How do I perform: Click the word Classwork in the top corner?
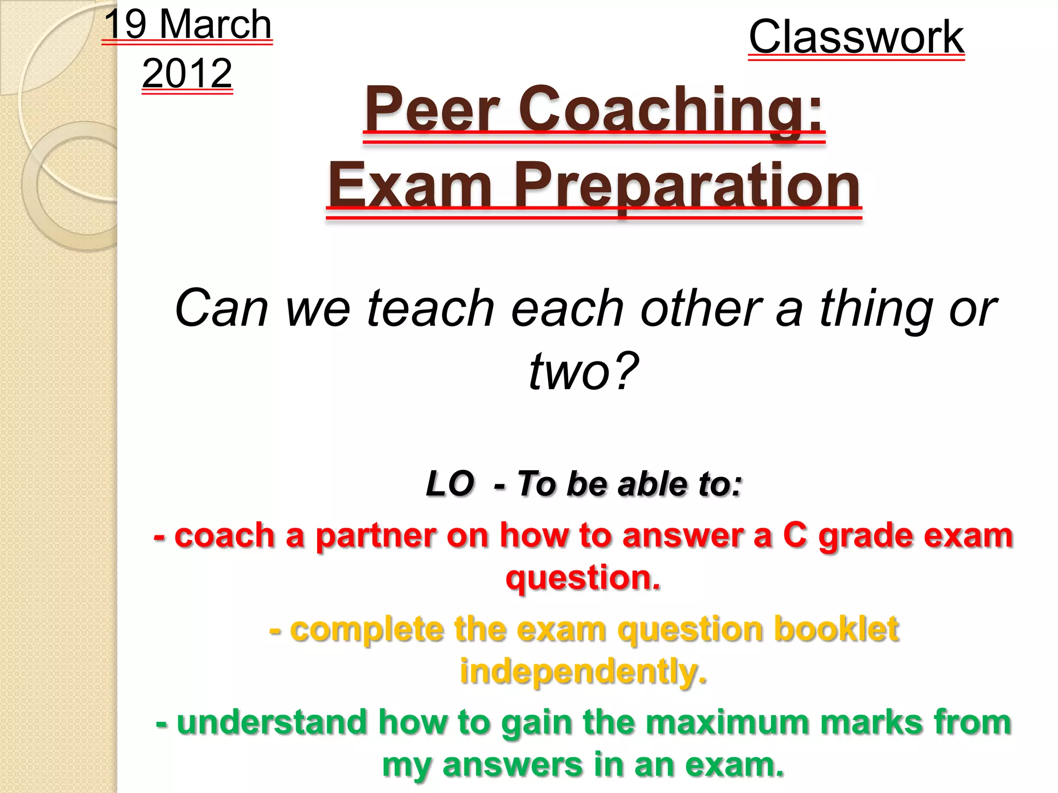point(856,37)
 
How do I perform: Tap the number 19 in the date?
point(126,25)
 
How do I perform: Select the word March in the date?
point(215,25)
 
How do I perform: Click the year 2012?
point(187,73)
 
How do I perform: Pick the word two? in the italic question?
point(584,371)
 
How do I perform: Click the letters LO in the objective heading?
point(449,484)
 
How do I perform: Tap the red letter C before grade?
point(795,535)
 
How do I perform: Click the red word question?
point(583,578)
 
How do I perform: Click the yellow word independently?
point(583,672)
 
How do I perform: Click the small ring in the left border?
point(70,186)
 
